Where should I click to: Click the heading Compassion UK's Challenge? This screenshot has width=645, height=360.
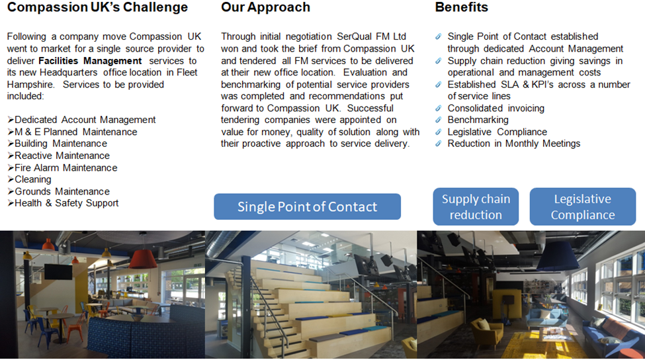pos(97,7)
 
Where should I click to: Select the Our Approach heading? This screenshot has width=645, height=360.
pos(265,7)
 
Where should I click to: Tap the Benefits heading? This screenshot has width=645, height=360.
pos(462,7)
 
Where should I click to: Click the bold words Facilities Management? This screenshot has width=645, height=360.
pos(90,61)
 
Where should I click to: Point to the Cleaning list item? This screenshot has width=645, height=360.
pos(33,179)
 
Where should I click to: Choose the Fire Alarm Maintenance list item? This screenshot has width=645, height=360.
pos(65,168)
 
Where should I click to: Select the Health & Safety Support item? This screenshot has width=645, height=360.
pos(67,203)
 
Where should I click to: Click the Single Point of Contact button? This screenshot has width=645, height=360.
pos(307,206)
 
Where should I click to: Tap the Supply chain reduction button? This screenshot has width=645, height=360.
pos(476,206)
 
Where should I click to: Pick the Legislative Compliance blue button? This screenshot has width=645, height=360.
pos(583,206)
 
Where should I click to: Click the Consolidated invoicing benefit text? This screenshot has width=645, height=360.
pos(496,109)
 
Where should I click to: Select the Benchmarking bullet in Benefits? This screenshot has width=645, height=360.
pos(478,120)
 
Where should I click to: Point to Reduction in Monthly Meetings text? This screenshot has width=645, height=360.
pos(514,144)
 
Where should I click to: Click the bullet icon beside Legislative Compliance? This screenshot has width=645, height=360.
pos(439,132)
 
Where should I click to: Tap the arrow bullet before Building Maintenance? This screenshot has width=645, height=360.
pos(11,144)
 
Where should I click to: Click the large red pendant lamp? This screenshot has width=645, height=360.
pos(143,259)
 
